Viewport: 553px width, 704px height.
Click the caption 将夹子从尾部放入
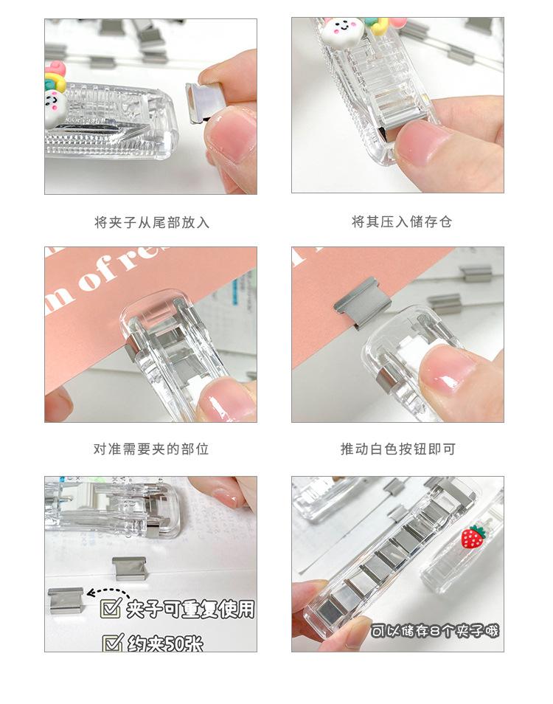tap(151, 222)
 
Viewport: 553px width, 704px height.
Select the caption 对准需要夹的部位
tap(151, 449)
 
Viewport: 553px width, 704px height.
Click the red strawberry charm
tap(472, 536)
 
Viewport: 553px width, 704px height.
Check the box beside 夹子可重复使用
tap(111, 609)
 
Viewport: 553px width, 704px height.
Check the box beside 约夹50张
tap(111, 643)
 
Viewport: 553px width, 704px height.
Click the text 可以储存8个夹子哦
tap(434, 631)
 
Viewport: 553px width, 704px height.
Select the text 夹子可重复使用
tap(190, 609)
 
